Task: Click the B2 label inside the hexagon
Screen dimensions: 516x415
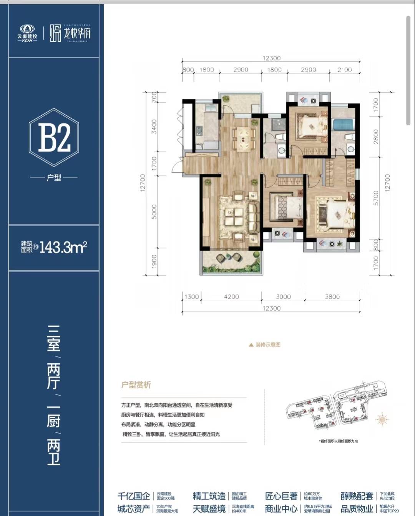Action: point(54,138)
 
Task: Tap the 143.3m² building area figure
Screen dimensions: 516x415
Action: point(63,247)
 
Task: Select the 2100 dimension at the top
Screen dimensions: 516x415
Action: point(344,70)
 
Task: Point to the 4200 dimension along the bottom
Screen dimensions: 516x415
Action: point(231,296)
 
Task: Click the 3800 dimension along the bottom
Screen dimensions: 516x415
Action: point(332,296)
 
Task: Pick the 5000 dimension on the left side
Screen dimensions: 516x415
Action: point(154,211)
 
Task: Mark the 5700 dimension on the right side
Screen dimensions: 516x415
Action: point(376,198)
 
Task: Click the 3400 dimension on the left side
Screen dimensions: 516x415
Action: point(154,126)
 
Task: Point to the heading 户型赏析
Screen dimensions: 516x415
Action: point(136,385)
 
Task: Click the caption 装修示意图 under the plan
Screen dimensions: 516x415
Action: point(267,345)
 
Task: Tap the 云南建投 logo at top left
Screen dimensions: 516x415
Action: point(27,33)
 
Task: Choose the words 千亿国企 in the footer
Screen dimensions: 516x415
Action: point(134,496)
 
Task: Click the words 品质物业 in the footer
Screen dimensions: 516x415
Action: point(357,509)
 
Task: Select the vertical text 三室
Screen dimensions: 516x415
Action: point(54,338)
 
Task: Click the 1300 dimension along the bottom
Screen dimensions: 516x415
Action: point(191,296)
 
